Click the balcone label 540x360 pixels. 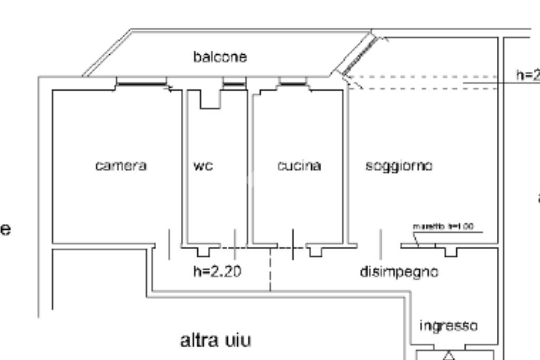coord(220,56)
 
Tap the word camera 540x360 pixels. coord(121,166)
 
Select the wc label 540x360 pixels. coord(203,166)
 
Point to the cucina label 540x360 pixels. coord(299,166)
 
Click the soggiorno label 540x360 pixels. coord(399,166)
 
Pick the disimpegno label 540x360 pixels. coord(399,271)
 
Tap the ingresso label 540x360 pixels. coord(448,326)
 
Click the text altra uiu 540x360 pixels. coord(216,340)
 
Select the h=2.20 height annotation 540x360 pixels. coord(217,271)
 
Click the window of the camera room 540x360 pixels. coord(141,82)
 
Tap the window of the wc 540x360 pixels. coord(234,83)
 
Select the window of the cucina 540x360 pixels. coord(293,82)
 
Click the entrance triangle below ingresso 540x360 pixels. coord(449,355)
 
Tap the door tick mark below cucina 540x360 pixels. coord(293,244)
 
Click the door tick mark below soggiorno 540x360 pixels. coord(381,244)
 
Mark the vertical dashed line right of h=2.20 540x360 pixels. coord(271,269)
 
